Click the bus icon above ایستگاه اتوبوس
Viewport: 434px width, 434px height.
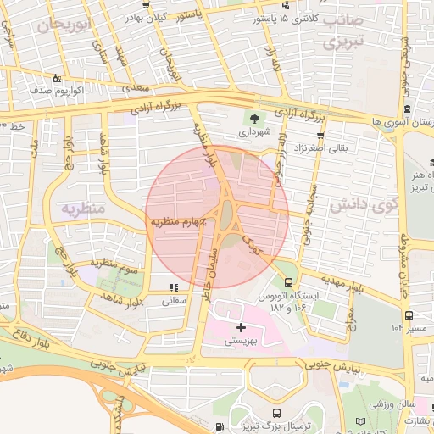coord(289,282)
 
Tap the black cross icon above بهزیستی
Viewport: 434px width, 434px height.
coord(242,326)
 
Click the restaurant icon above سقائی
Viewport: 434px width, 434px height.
coord(175,288)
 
